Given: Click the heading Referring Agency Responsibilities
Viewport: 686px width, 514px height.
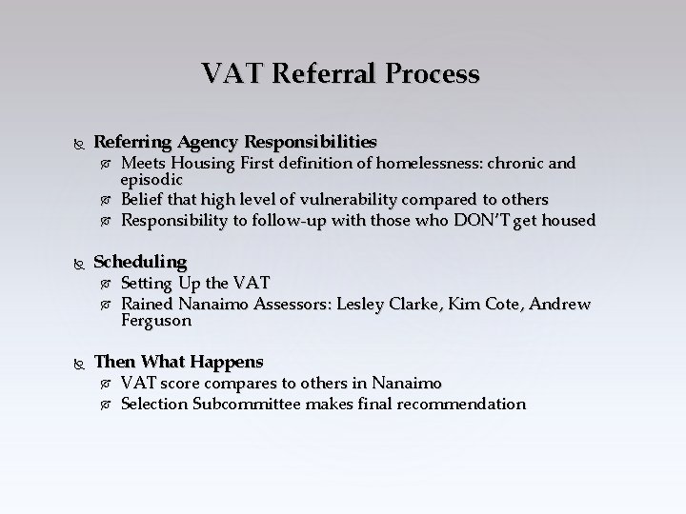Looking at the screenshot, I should [x=234, y=142].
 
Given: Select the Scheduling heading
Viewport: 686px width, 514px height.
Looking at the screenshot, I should [x=140, y=261].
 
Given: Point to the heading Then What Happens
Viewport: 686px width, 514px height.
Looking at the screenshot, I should [x=178, y=362].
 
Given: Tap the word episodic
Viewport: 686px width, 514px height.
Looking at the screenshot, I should [x=151, y=179].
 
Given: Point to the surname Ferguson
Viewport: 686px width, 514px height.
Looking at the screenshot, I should [x=156, y=322].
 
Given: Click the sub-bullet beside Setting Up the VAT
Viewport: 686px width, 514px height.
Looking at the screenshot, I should [x=106, y=284].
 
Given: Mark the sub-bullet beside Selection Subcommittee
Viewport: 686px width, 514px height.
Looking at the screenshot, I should [x=106, y=405].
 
